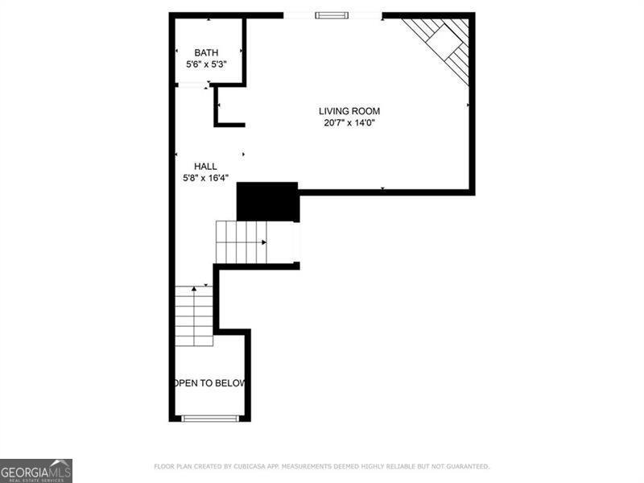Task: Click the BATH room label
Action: click(206, 53)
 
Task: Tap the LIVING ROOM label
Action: click(349, 111)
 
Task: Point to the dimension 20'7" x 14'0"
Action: click(349, 123)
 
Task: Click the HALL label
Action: click(205, 166)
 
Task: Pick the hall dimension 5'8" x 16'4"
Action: click(205, 178)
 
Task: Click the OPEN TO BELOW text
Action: click(210, 383)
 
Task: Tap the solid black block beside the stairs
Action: click(267, 201)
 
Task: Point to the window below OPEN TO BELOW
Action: click(209, 418)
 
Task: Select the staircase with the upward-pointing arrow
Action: click(194, 316)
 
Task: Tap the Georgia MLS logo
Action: click(36, 470)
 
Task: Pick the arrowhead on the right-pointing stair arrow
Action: click(264, 242)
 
